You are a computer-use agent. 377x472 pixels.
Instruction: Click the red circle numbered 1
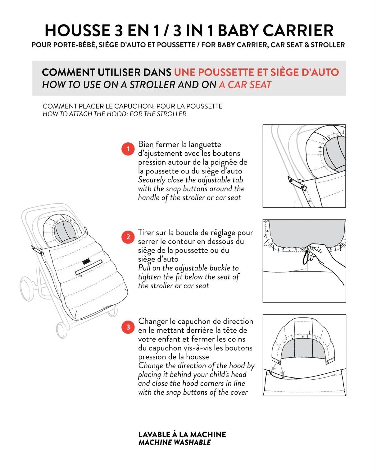pyautogui.click(x=128, y=149)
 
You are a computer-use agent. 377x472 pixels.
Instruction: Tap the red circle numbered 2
pyautogui.click(x=128, y=237)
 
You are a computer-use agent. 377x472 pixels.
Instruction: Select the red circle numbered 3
pyautogui.click(x=128, y=327)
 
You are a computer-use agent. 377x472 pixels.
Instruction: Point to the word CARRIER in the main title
pyautogui.click(x=298, y=31)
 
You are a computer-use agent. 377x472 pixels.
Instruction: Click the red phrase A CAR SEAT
pyautogui.click(x=245, y=85)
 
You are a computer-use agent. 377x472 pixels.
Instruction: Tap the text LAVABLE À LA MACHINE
pyautogui.click(x=182, y=434)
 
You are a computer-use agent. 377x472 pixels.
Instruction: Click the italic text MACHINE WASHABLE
pyautogui.click(x=175, y=442)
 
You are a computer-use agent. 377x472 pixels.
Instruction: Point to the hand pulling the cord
pyautogui.click(x=323, y=255)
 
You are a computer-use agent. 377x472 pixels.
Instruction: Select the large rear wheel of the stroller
pyautogui.click(x=27, y=289)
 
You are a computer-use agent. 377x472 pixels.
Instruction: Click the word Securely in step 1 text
pyautogui.click(x=152, y=180)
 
